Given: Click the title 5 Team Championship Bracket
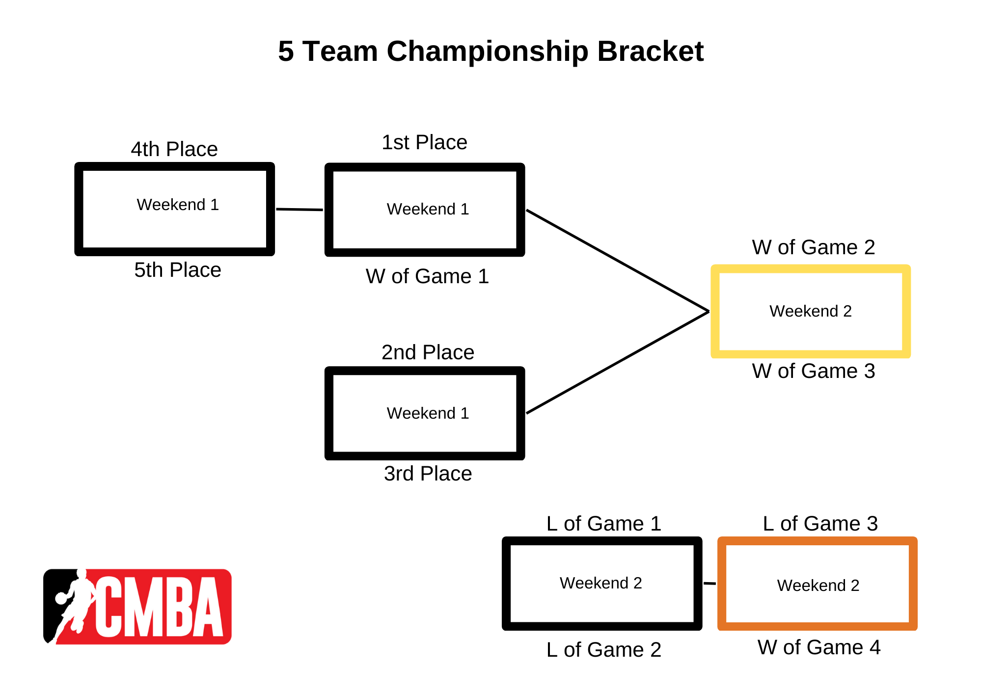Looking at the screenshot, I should point(491,51).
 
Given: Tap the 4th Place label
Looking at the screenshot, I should point(174,149).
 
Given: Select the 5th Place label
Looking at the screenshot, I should point(178,270).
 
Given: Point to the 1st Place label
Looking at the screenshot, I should point(425,142).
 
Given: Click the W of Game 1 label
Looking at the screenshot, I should point(427,276).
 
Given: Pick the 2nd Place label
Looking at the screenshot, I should point(428,352).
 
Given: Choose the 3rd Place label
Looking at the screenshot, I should point(428,474).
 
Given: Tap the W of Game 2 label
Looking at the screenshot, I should point(814,247).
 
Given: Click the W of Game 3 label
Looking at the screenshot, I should point(814,371).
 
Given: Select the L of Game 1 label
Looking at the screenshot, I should point(604,524).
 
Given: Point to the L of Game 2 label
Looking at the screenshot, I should point(604,650).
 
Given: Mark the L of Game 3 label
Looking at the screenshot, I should point(820,524).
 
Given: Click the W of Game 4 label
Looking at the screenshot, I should point(819,647).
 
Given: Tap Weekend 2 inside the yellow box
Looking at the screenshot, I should point(811,311).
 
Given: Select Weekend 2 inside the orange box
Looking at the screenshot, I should point(818,586).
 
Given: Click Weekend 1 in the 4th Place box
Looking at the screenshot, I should point(178,205).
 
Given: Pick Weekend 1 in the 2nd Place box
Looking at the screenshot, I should point(428,413).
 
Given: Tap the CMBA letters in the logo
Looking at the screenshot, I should point(160,607).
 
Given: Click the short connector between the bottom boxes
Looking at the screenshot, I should point(710,584).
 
